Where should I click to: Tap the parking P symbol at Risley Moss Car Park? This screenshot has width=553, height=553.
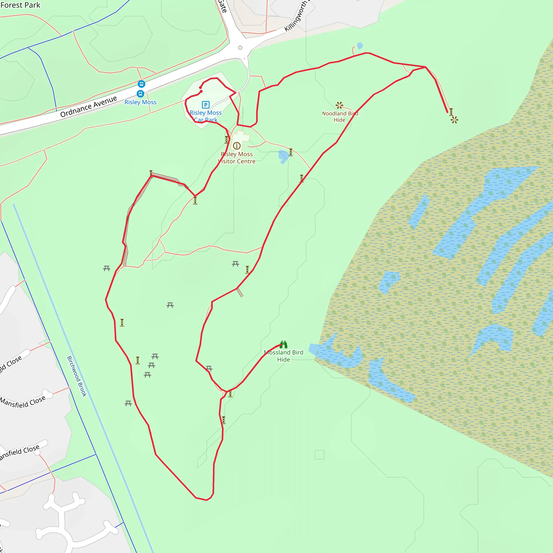[x=205, y=104]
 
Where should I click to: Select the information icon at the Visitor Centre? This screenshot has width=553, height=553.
[x=237, y=146]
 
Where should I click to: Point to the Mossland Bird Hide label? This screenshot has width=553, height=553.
[x=283, y=356]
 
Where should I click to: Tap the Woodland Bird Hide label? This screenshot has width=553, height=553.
[x=340, y=116]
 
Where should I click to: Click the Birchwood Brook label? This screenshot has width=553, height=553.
[x=77, y=376]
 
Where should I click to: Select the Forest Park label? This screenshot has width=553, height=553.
[x=20, y=5]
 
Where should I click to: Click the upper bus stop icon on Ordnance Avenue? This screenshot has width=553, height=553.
[x=141, y=84]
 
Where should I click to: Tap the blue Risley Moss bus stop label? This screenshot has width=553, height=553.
[x=140, y=102]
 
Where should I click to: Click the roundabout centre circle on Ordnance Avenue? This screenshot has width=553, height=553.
[x=240, y=48]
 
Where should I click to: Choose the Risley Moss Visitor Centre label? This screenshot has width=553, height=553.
[x=237, y=158]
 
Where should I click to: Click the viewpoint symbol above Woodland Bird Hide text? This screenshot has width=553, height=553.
[x=339, y=105]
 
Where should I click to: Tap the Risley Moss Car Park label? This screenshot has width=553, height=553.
[x=205, y=116]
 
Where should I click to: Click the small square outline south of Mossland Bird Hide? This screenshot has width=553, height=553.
[x=319, y=454]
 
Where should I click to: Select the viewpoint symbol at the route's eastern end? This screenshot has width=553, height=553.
[x=454, y=120]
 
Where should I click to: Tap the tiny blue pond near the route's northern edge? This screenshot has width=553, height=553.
[x=360, y=46]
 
